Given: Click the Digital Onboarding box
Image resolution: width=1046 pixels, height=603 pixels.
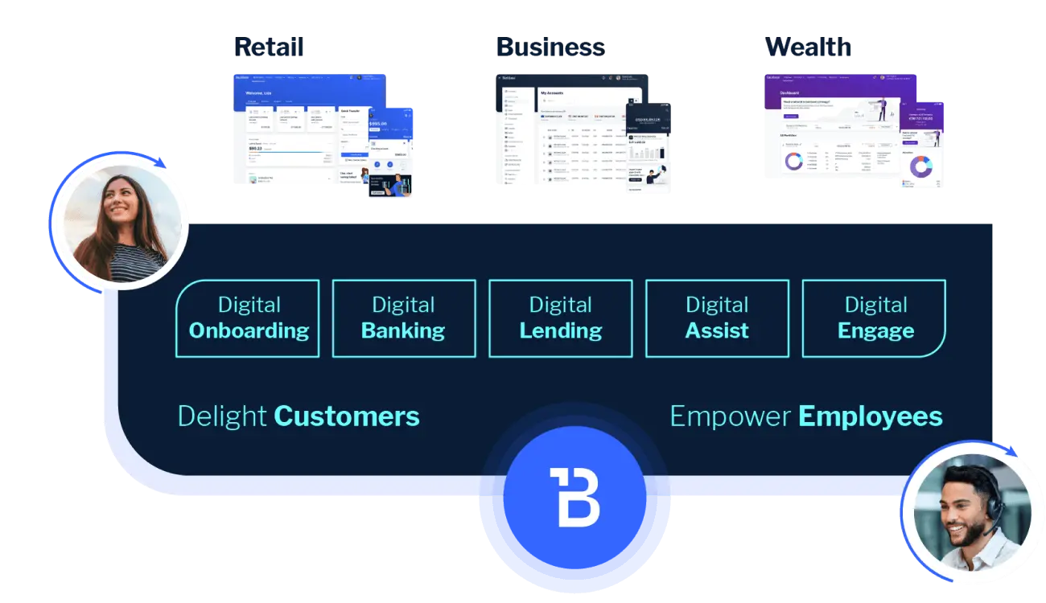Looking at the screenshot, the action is pyautogui.click(x=248, y=318).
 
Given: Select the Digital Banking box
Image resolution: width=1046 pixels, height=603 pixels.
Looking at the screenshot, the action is pyautogui.click(x=403, y=318).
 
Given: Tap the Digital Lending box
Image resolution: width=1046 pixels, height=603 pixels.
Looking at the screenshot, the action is pyautogui.click(x=560, y=318).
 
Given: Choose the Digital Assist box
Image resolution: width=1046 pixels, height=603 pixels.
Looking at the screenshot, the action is pyautogui.click(x=717, y=318).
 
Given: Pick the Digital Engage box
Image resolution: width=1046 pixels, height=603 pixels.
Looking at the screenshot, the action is pyautogui.click(x=875, y=318).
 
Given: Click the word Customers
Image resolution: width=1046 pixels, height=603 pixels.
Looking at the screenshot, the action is pyautogui.click(x=347, y=416).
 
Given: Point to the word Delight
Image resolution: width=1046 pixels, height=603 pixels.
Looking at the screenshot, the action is pyautogui.click(x=222, y=416).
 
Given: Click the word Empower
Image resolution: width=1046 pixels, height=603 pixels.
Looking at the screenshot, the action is pyautogui.click(x=731, y=416).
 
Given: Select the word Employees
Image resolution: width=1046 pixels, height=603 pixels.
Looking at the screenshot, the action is pyautogui.click(x=870, y=416).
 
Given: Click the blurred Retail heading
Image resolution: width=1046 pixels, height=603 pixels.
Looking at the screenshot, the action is pyautogui.click(x=270, y=47).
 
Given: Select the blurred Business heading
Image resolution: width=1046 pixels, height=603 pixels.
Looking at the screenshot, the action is pyautogui.click(x=550, y=47).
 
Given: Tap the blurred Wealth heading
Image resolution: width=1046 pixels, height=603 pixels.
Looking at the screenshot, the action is pyautogui.click(x=809, y=47).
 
